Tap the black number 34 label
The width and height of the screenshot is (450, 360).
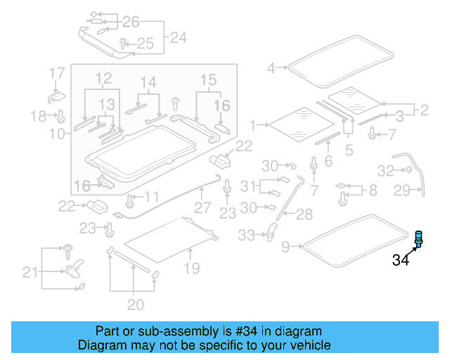point(400,261)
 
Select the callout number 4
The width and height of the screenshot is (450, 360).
point(271,68)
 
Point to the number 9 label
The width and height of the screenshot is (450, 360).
point(285,246)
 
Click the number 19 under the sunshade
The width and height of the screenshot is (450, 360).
point(191,268)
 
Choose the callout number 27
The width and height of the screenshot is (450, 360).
point(202,208)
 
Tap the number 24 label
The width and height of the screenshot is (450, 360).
point(179,37)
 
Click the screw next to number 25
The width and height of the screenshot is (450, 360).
point(122,43)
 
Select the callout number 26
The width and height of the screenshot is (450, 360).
point(131,22)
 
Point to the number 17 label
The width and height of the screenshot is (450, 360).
point(56,73)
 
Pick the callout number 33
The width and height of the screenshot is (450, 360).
point(246,236)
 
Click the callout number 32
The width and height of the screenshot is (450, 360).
point(386,170)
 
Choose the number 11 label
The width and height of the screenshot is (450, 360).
point(152,196)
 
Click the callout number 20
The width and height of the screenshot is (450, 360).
point(135,304)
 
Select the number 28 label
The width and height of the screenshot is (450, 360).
point(304,214)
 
